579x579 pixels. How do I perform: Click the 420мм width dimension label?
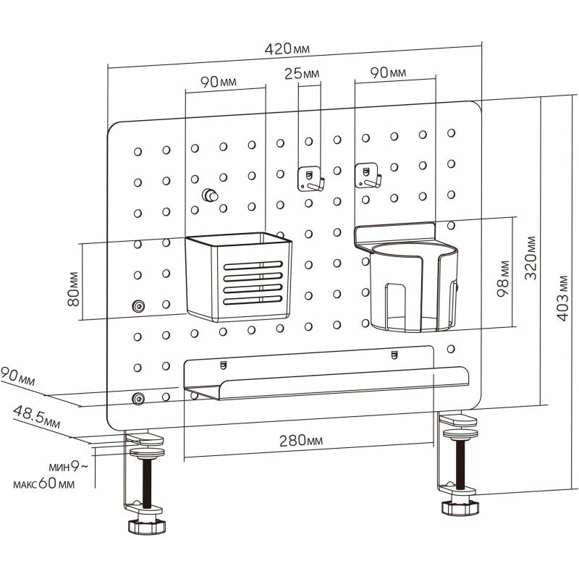coord(287,49)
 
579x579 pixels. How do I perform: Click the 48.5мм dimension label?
coord(35,418)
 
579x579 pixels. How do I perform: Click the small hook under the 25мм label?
coord(310,178)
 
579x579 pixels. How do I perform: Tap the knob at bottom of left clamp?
coord(145,525)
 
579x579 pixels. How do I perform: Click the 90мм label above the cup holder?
coord(388,73)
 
